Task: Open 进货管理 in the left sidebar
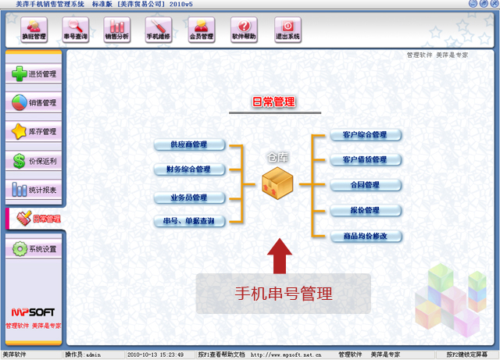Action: point(34,74)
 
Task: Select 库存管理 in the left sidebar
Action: point(34,132)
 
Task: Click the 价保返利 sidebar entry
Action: point(34,161)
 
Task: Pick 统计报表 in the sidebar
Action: point(34,190)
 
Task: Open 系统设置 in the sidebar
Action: point(34,249)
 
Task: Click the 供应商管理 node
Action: point(189,145)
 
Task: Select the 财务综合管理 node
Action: point(189,169)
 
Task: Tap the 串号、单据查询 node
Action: point(189,222)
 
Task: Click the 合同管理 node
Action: point(365,185)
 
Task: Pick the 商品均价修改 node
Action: point(365,236)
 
